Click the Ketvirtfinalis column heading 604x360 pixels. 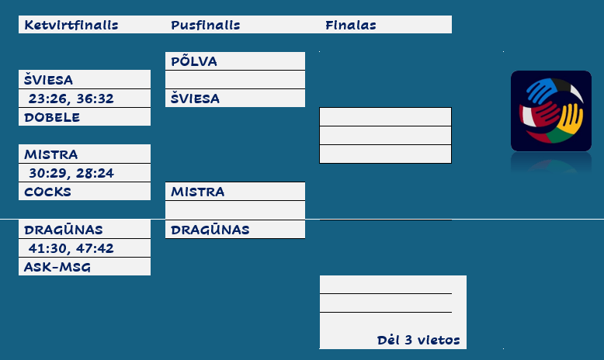tap(71, 25)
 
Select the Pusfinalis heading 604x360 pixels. tap(205, 25)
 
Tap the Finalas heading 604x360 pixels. tap(351, 25)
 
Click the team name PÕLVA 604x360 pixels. tap(194, 61)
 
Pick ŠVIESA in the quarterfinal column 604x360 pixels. tap(48, 80)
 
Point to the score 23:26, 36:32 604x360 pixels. tap(71, 99)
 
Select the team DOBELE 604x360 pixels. tap(52, 117)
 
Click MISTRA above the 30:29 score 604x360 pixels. tap(50, 154)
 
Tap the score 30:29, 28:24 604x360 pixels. tap(71, 173)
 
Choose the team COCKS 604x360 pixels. tap(48, 192)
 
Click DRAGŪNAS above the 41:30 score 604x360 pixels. tap(64, 230)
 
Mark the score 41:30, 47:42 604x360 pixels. tap(71, 248)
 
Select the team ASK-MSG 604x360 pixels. tap(57, 267)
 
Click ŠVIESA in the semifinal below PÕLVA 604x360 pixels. tap(195, 99)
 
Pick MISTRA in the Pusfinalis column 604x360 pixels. tap(198, 192)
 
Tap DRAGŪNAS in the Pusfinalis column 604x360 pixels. tap(210, 230)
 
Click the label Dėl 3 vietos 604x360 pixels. tap(418, 340)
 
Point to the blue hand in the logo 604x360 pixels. tap(542, 90)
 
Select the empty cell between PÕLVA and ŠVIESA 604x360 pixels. tap(235, 80)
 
